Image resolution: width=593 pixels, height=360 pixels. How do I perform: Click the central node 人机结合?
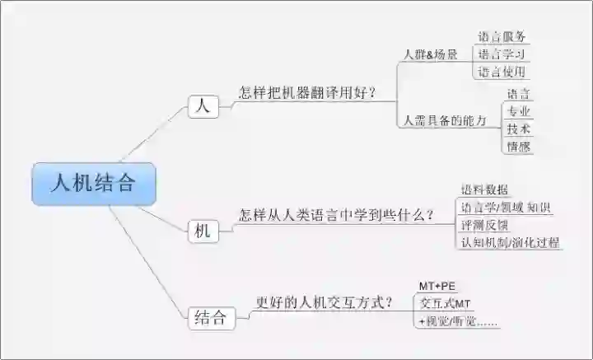pos(92,184)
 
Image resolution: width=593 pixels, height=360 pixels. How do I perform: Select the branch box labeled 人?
pos(203,106)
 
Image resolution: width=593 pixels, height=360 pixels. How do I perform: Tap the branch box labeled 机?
pos(203,231)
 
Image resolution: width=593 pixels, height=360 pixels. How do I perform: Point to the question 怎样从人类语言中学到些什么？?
pos(337,216)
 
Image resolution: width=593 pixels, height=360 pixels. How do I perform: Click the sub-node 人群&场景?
pos(430,54)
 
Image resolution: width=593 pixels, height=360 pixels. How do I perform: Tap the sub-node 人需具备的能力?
pos(445,120)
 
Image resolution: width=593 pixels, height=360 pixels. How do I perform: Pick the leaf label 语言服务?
pos(502,36)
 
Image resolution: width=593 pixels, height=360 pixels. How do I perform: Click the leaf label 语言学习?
pos(502,54)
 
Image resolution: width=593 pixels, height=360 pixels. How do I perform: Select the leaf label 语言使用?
pos(502,72)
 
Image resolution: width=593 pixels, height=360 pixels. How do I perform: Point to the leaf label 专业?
pos(519,111)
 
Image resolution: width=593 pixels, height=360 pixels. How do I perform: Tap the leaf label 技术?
pos(519,129)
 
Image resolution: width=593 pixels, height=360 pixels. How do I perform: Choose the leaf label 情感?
pos(519,147)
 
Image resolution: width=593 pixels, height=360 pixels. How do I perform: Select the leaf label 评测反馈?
pos(484,224)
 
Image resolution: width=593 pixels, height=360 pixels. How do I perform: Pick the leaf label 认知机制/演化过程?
pos(510,242)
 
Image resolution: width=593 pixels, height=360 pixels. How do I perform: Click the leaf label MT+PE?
pos(437,286)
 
